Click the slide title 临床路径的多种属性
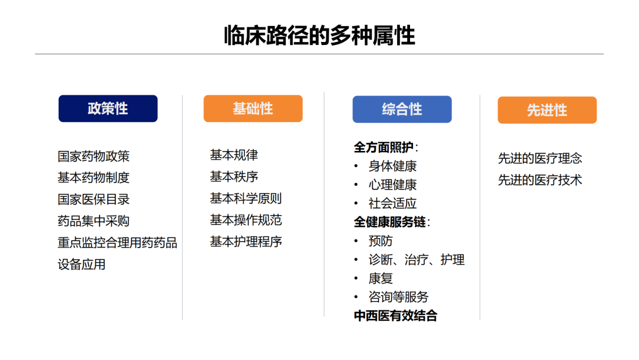tap(319, 35)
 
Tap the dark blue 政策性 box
tap(108, 108)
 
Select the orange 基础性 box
tap(253, 108)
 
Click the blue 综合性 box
tap(402, 110)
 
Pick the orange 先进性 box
tap(547, 110)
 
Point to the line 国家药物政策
tap(93, 156)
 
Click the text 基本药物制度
tap(93, 178)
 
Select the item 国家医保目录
tap(93, 200)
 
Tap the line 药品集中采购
tap(93, 221)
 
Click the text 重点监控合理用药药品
tap(117, 243)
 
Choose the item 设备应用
tap(82, 264)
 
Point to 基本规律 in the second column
tap(234, 155)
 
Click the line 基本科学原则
tap(246, 198)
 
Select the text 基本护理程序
tap(246, 242)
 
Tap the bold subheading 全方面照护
tap(383, 147)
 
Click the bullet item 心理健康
tap(392, 185)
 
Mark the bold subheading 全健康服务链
tap(389, 222)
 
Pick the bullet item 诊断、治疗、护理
tap(417, 260)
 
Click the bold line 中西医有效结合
tap(396, 316)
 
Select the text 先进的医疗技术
tap(540, 180)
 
